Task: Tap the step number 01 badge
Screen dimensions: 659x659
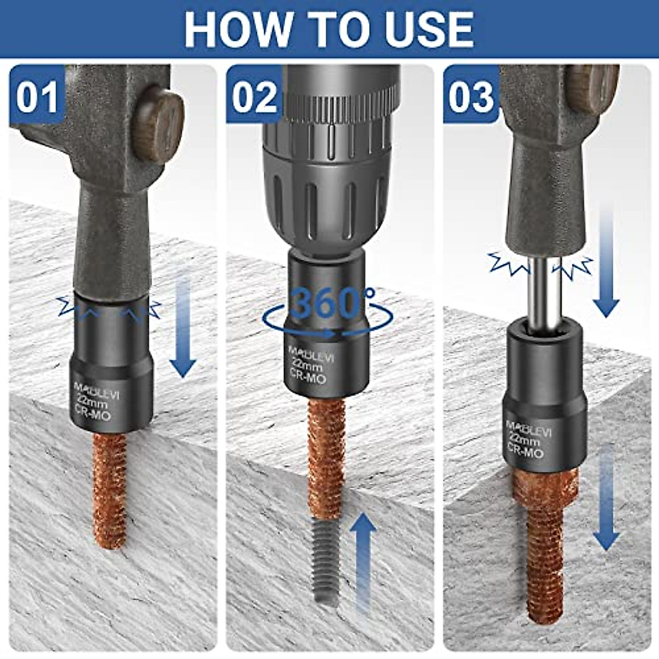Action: [x=37, y=97]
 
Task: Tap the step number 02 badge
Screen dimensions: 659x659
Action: [x=254, y=97]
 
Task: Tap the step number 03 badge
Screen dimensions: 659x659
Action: [x=471, y=97]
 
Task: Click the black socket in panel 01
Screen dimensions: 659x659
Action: [x=111, y=357]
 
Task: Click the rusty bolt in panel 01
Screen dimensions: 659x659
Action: [x=110, y=489]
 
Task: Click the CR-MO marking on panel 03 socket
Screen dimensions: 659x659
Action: [x=524, y=451]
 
